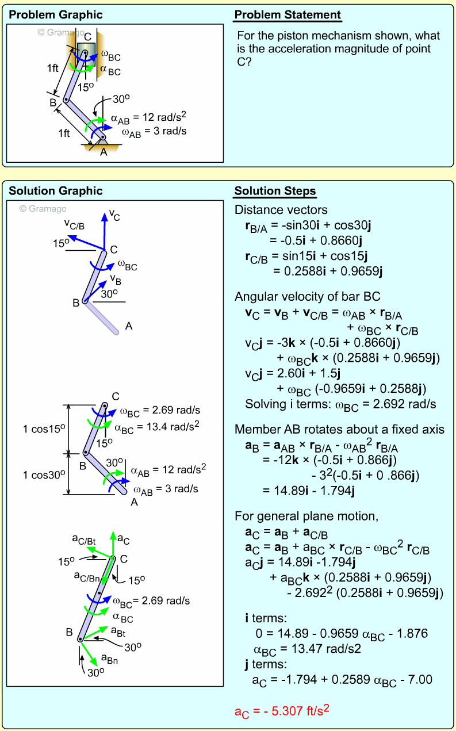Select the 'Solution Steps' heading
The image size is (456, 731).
pyautogui.click(x=275, y=192)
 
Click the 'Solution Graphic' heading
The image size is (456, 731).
pyautogui.click(x=56, y=192)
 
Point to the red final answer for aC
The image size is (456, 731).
pyautogui.click(x=282, y=711)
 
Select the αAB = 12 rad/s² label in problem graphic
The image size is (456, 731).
pyautogui.click(x=149, y=118)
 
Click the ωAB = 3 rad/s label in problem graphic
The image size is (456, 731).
pyautogui.click(x=154, y=132)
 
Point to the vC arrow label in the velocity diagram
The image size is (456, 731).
pyautogui.click(x=115, y=217)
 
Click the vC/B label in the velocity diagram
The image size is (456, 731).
pyautogui.click(x=74, y=224)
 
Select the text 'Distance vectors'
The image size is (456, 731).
pyautogui.click(x=281, y=210)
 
